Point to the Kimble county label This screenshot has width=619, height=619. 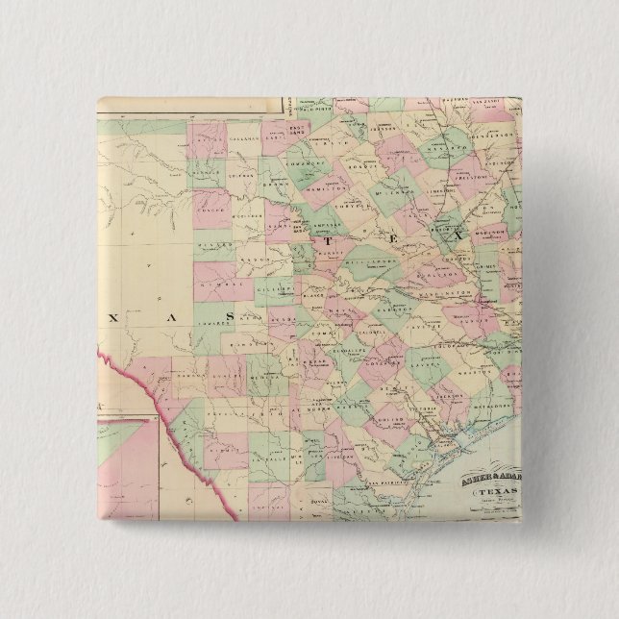click(213, 288)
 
